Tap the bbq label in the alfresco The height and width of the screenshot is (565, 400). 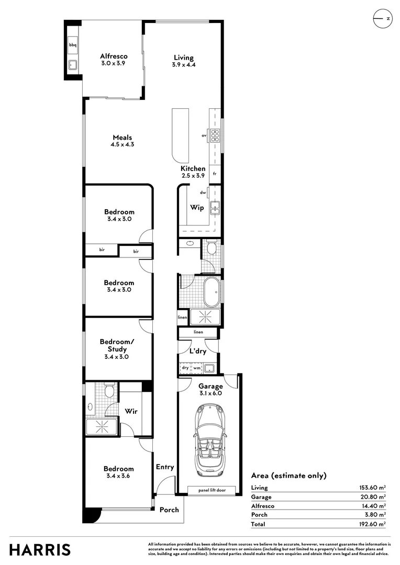[x=72, y=46]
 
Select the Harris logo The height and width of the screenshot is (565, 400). [x=40, y=549]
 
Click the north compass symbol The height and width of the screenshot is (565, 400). [x=382, y=18]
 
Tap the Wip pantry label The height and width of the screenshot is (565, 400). [x=197, y=208]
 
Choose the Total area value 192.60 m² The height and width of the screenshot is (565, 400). [x=371, y=524]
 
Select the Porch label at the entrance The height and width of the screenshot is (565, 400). [x=169, y=510]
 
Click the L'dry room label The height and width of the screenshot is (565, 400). [x=198, y=352]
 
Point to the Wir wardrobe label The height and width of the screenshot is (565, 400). [x=131, y=411]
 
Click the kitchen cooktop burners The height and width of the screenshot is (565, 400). [x=214, y=135]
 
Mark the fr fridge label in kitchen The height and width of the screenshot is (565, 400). [x=215, y=173]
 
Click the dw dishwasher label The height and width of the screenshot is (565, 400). [x=203, y=192]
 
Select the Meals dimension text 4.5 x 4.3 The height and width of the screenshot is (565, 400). [x=122, y=144]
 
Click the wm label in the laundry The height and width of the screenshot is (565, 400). [x=197, y=368]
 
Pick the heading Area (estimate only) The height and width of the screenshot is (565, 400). [x=288, y=476]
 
